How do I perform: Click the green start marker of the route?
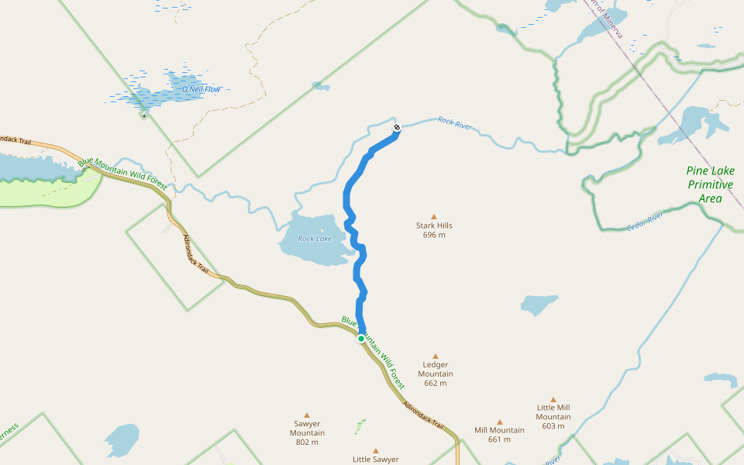click(x=361, y=339)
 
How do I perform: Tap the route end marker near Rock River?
click(x=397, y=127)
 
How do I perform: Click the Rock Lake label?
click(x=315, y=239)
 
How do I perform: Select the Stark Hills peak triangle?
click(x=434, y=217)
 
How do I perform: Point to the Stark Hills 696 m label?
click(x=434, y=230)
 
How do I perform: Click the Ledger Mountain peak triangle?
click(x=435, y=356)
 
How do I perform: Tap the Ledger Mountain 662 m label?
click(x=435, y=374)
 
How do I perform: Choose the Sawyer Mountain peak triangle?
click(x=307, y=415)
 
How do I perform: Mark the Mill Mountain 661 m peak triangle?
click(x=499, y=422)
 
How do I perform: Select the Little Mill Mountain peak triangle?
click(x=553, y=400)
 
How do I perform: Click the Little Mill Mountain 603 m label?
click(x=553, y=416)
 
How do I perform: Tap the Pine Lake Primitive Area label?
click(x=709, y=184)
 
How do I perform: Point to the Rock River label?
click(x=455, y=122)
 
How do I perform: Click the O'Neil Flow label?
click(x=201, y=90)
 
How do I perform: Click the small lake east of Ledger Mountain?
click(x=539, y=304)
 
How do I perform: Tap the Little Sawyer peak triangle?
click(x=376, y=450)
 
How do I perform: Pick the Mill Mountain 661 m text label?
click(x=499, y=435)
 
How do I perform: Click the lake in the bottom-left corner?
click(x=122, y=439)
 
